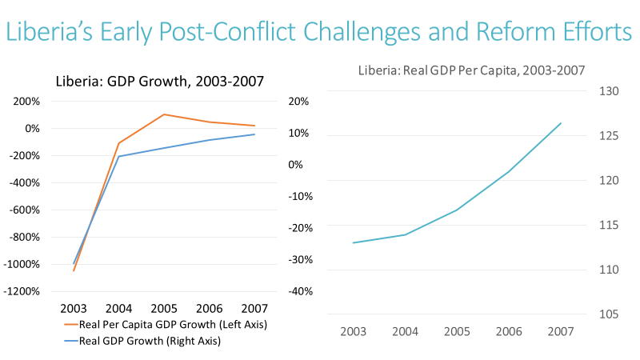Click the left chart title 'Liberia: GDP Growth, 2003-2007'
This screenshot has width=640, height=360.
pyautogui.click(x=159, y=81)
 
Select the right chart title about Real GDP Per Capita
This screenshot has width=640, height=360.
pyautogui.click(x=471, y=71)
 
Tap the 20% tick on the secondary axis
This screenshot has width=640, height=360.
pyautogui.click(x=299, y=102)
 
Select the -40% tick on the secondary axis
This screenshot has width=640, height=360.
pyautogui.click(x=298, y=291)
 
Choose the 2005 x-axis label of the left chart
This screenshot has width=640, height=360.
pyautogui.click(x=164, y=309)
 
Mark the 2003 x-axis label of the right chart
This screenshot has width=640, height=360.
pyautogui.click(x=354, y=331)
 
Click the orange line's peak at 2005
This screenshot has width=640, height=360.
pyautogui.click(x=164, y=114)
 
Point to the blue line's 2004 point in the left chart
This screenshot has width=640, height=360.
pyautogui.click(x=119, y=156)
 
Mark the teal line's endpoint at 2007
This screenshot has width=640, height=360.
pyautogui.click(x=561, y=123)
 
